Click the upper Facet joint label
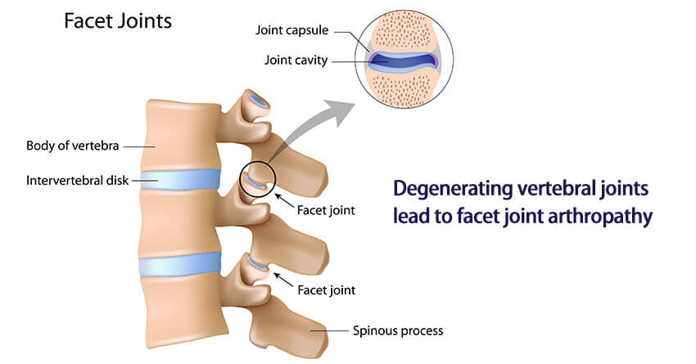point(327,209)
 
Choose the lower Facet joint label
point(327,290)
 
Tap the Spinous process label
point(396,330)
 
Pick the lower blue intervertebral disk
point(180,264)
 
